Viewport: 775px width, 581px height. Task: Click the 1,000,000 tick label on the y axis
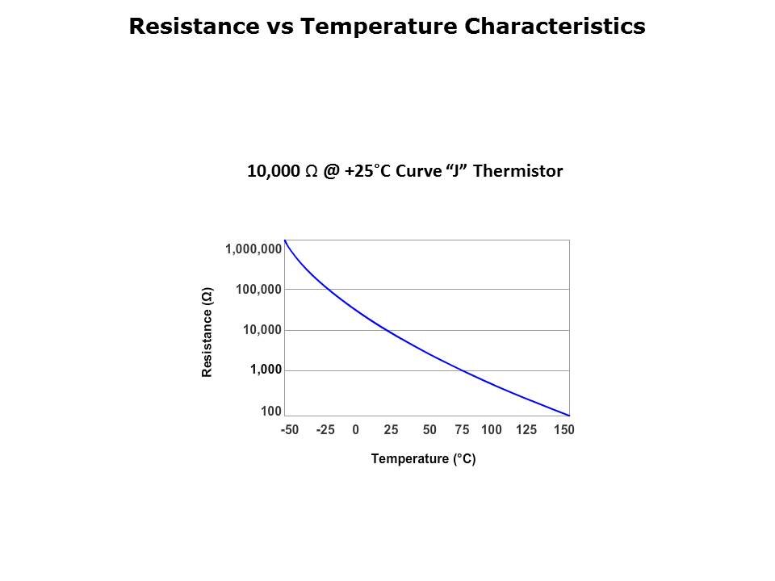(253, 249)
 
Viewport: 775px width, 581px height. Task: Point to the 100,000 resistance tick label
(258, 290)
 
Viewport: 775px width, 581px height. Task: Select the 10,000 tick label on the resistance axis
(262, 330)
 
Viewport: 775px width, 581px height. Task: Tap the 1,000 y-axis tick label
(266, 370)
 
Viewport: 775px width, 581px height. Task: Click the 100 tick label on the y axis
(270, 412)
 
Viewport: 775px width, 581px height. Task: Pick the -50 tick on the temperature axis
(289, 430)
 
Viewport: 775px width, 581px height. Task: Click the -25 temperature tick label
(325, 430)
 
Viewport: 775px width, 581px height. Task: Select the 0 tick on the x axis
(355, 430)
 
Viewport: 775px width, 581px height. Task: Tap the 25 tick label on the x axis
(391, 430)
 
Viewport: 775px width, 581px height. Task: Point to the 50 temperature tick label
(429, 430)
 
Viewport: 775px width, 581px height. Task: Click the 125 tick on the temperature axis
(526, 430)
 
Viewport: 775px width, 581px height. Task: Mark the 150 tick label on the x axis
(563, 430)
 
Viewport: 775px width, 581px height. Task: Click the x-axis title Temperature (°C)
(423, 459)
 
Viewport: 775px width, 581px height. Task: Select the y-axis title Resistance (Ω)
(207, 332)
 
